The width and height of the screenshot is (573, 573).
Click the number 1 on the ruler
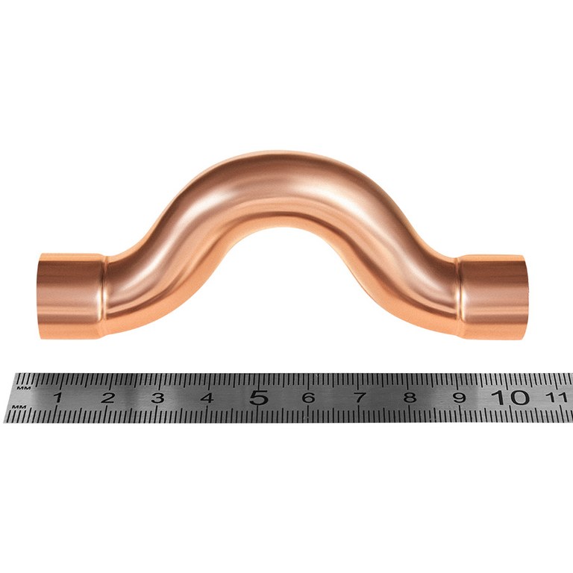57,397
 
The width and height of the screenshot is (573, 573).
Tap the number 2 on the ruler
107,397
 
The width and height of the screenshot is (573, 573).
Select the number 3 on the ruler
157,397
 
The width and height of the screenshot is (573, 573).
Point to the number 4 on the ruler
207,397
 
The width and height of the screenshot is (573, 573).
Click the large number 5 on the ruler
259,397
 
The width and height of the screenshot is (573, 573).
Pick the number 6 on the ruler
309,397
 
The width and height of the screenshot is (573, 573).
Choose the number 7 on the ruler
360,397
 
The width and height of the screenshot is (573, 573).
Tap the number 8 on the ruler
410,397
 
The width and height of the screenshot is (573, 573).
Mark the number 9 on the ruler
460,397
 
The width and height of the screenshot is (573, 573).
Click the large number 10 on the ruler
510,397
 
